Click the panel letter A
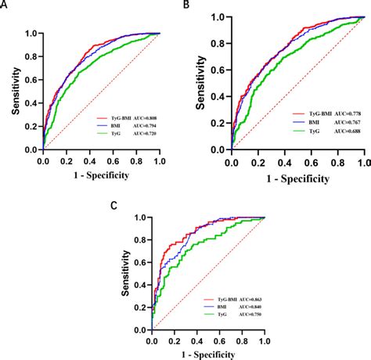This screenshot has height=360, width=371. [x=4, y=5]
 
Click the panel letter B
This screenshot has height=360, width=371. [x=185, y=5]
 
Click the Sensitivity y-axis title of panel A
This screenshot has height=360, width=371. [x=10, y=91]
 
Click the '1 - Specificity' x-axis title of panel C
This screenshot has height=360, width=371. [x=208, y=353]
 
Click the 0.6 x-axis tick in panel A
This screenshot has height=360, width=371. [x=112, y=160]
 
